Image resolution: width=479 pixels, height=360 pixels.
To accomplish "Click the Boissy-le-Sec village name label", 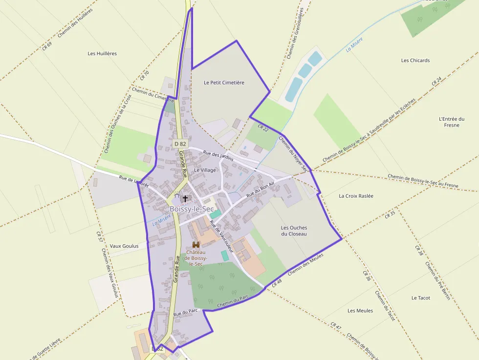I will coord(192,209).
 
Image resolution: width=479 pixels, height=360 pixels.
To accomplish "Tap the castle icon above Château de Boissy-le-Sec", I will coord(196,244).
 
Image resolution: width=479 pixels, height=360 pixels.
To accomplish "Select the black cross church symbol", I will coord(185,199).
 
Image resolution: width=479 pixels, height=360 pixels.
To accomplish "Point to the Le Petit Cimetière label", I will coord(224,83).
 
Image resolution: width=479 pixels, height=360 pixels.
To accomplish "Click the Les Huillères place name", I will coord(102,53).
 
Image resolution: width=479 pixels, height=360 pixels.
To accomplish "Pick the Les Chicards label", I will coord(415,61).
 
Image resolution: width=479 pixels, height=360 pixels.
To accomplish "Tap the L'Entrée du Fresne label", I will coord(452,122).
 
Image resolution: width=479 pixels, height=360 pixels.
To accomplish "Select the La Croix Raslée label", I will coord(356,196).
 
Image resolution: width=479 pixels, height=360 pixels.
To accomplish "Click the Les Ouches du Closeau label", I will coord(294,231).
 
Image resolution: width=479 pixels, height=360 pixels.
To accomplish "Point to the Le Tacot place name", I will coord(420,297).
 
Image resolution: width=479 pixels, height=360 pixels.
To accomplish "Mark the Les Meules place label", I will coord(360,311).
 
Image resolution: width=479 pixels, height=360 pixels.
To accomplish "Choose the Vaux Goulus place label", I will coord(124,246).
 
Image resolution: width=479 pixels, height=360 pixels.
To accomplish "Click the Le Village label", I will coord(205,170).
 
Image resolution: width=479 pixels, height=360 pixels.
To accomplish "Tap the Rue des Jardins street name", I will coord(218,156).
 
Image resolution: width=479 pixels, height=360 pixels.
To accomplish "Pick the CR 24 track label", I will coord(436,81).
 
